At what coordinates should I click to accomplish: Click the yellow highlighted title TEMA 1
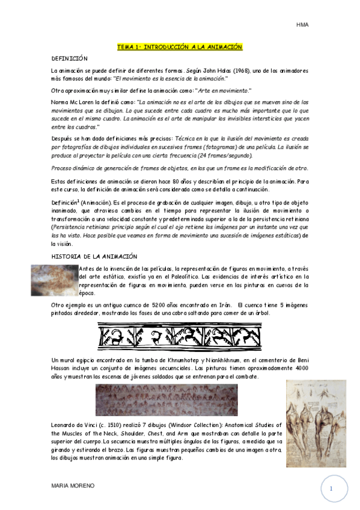[x=179, y=47]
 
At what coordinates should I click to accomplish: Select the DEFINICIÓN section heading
[x=70, y=58]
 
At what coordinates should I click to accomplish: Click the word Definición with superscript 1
[x=66, y=202]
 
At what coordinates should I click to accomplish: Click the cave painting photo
[x=54, y=280]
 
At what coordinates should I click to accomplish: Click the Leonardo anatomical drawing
[x=324, y=415]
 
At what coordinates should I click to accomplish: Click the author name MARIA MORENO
[x=73, y=485]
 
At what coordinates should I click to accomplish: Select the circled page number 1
[x=331, y=489]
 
